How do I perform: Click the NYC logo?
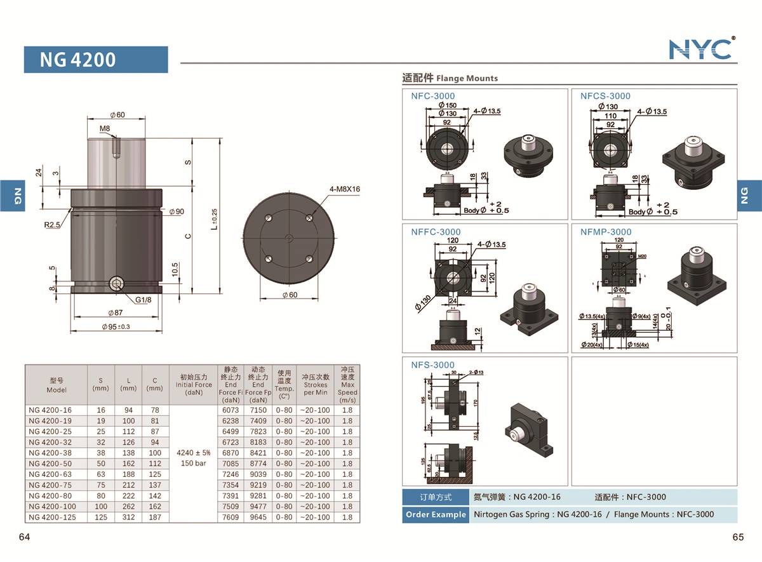click(701, 49)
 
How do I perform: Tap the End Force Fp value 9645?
click(258, 518)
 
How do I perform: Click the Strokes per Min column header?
click(316, 385)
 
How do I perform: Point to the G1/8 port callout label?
click(143, 300)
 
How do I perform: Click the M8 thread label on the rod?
click(105, 129)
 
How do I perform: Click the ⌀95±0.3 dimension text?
click(116, 327)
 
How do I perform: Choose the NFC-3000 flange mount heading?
click(432, 96)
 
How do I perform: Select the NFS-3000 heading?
click(432, 365)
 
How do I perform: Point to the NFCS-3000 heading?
click(605, 96)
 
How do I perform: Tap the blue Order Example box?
click(436, 514)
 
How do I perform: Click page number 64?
click(24, 537)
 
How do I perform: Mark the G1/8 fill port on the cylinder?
click(116, 284)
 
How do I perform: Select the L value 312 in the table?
click(128, 518)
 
